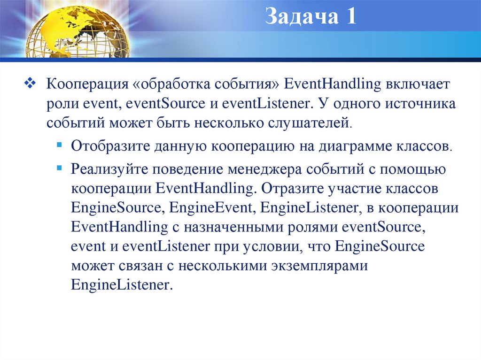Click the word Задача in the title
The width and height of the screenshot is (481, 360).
(301, 17)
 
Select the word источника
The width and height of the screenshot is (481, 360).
(425, 104)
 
